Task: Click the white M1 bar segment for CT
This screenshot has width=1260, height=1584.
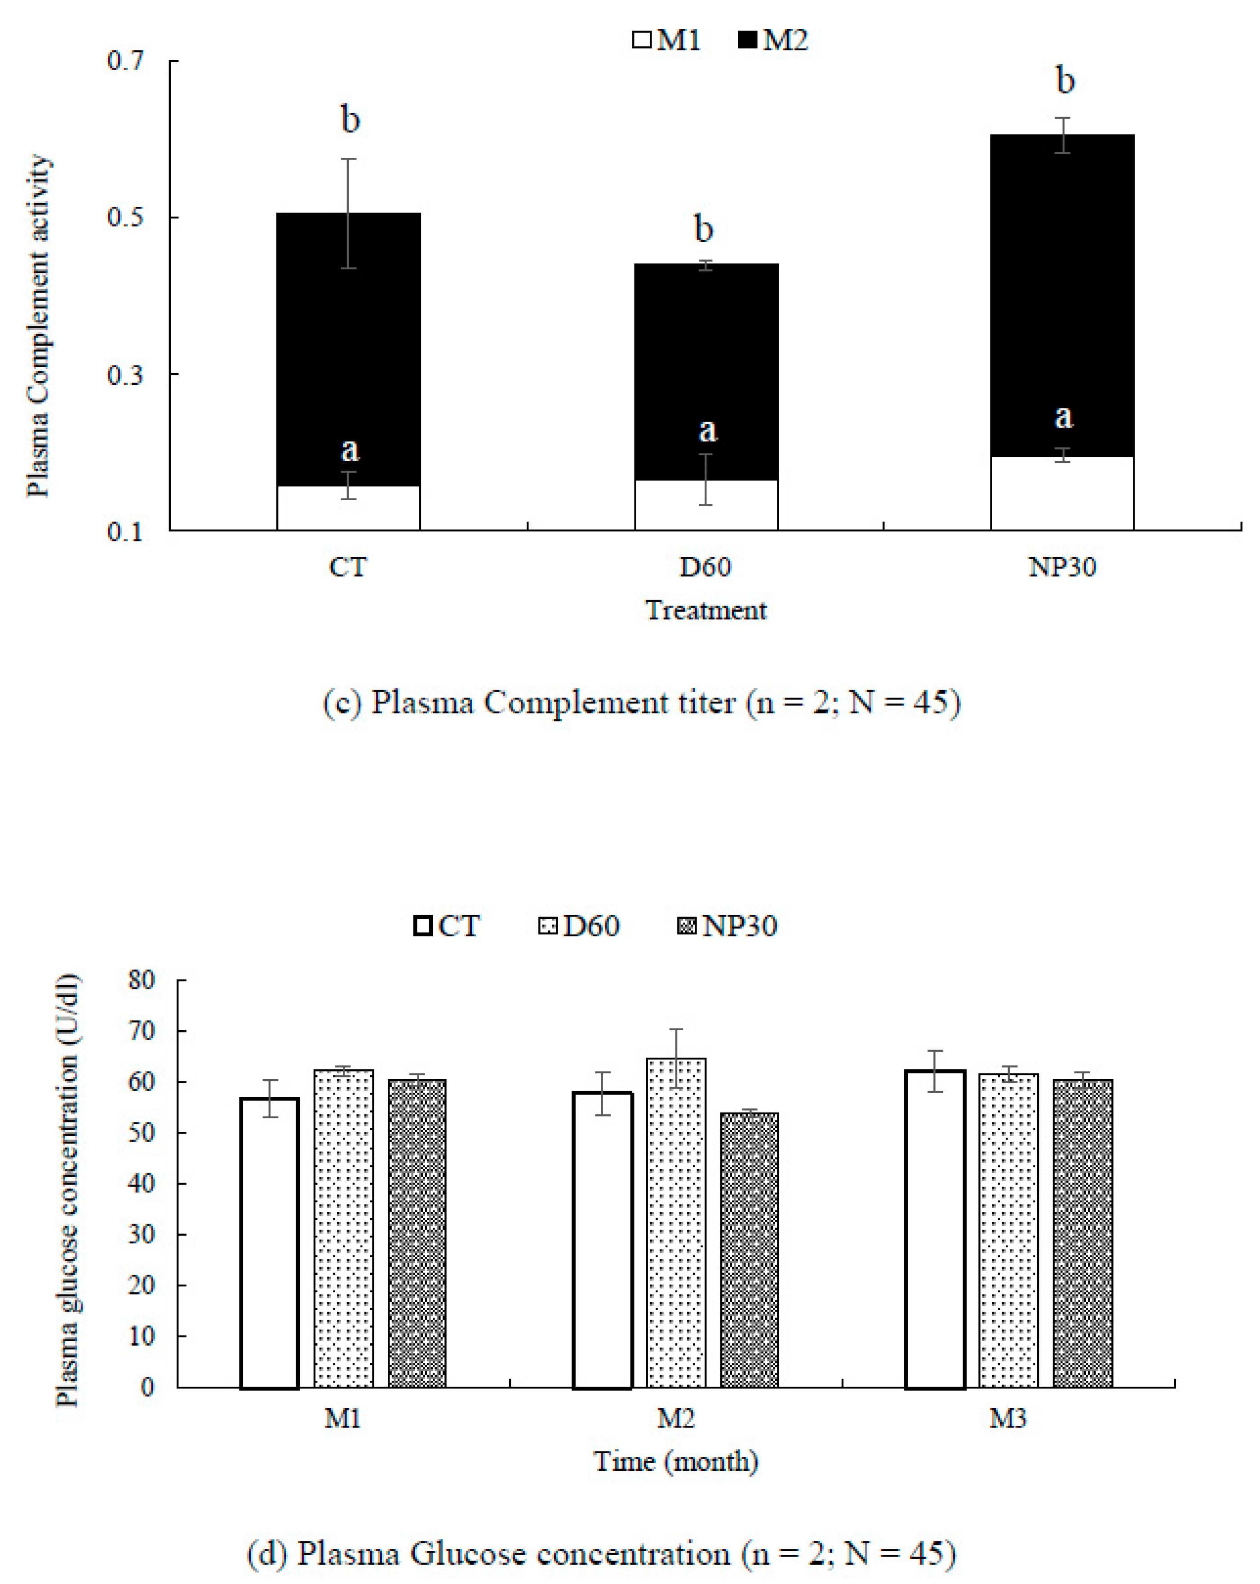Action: coord(348,508)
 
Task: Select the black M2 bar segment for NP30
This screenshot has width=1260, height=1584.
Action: coord(1062,294)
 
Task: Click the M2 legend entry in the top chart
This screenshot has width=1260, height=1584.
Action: coord(772,40)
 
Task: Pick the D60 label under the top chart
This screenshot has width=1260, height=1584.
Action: coord(705,567)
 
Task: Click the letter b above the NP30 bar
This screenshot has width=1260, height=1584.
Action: coord(1065,80)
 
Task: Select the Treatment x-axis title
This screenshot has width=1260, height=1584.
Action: coord(705,610)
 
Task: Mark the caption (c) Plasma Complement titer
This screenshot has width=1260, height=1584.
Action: coord(641,703)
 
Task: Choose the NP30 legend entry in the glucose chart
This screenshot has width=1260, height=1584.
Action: coord(727,925)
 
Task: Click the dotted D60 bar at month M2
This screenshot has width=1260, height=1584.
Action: coord(675,1223)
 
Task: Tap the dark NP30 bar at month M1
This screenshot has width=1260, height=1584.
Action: coord(416,1234)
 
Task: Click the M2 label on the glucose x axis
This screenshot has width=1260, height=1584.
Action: coord(675,1419)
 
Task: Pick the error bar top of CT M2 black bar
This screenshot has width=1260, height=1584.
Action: coord(348,159)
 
